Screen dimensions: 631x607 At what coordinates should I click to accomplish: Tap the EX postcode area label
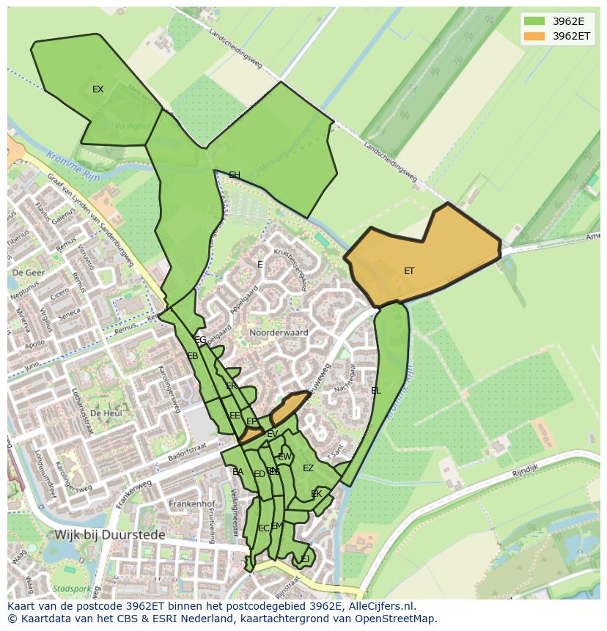(x=98, y=89)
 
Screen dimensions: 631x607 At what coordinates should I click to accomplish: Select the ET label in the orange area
(x=409, y=271)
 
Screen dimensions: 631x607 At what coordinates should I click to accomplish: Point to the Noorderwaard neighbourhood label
(x=278, y=333)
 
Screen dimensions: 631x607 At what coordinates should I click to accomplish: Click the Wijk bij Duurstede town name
(x=109, y=535)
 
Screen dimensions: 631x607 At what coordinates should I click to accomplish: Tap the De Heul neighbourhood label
(x=106, y=413)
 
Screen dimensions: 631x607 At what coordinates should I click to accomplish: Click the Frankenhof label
(x=191, y=504)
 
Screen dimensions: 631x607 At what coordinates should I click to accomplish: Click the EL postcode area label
(x=376, y=391)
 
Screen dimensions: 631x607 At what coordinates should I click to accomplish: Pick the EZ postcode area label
(x=309, y=468)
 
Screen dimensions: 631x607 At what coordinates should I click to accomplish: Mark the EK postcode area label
(x=317, y=494)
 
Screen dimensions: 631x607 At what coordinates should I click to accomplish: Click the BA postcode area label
(x=238, y=472)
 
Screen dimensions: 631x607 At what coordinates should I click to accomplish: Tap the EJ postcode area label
(x=305, y=559)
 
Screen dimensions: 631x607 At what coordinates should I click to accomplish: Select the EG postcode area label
(x=200, y=340)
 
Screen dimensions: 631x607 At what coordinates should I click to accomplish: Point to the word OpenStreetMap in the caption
(x=398, y=619)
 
